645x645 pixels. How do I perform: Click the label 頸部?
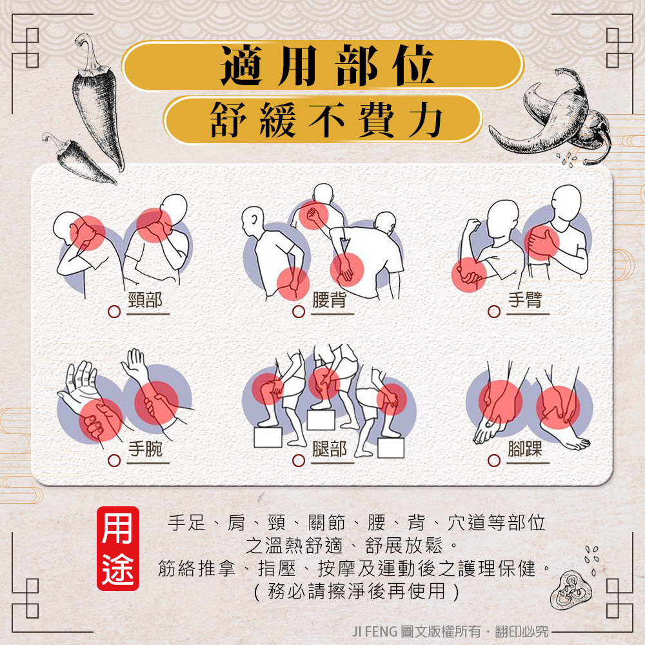tap(145, 300)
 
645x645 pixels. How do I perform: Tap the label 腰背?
tap(329, 300)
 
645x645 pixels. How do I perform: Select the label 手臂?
tap(525, 300)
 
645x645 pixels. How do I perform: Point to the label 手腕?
tap(145, 449)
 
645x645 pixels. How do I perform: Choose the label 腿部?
tap(329, 449)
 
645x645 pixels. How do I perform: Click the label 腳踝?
tap(525, 449)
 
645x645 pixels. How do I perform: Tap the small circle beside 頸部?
tap(114, 312)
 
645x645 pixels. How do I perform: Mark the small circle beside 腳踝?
tap(493, 461)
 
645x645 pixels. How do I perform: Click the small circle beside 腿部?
tap(298, 461)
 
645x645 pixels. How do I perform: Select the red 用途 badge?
tap(118, 548)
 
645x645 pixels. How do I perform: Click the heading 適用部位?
tap(327, 66)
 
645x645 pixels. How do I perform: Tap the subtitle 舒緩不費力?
tap(326, 120)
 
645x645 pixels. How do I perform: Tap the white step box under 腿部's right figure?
tap(391, 448)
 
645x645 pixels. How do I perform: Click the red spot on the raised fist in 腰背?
tap(313, 215)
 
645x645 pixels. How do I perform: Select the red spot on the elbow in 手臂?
tap(469, 274)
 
